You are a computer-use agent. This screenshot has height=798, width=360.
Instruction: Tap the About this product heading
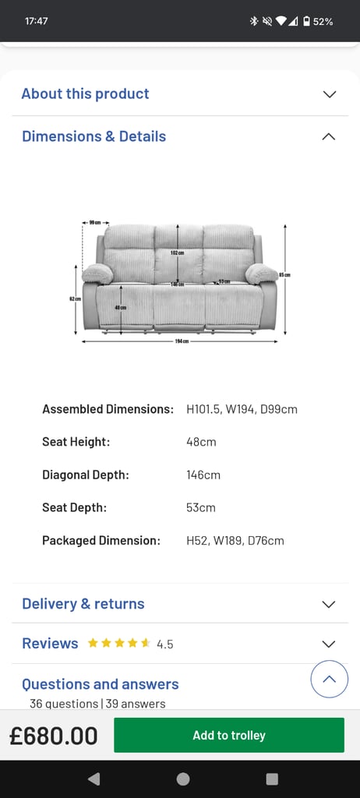point(85,94)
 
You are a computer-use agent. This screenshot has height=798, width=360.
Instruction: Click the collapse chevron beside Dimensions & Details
point(329,136)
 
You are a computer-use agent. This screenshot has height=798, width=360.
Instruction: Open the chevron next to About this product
point(329,94)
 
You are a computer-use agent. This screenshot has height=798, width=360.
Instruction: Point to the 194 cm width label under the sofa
point(182,341)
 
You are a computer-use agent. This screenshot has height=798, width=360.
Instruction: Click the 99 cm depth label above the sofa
point(95,223)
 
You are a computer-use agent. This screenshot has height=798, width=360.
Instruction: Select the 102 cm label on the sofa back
point(178,253)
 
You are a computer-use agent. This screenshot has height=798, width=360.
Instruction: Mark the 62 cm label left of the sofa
point(76,298)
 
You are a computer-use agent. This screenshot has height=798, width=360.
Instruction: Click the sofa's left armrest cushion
point(97,273)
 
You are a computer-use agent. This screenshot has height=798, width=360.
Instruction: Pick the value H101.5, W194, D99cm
point(242,409)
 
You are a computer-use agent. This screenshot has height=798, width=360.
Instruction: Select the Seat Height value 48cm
point(201,442)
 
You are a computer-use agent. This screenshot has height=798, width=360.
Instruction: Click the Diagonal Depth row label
point(86,475)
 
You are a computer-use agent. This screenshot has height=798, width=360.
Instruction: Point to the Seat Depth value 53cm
point(201,507)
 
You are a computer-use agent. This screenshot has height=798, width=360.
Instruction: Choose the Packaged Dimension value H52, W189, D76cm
point(235,540)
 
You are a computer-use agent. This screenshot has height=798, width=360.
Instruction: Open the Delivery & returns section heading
point(83,604)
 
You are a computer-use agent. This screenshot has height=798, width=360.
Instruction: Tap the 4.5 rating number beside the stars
point(165,644)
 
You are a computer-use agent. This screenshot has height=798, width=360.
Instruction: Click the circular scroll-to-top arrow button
point(329,680)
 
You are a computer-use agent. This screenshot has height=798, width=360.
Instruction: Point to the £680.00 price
point(54,736)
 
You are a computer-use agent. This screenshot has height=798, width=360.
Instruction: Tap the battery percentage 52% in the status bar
point(323,21)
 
